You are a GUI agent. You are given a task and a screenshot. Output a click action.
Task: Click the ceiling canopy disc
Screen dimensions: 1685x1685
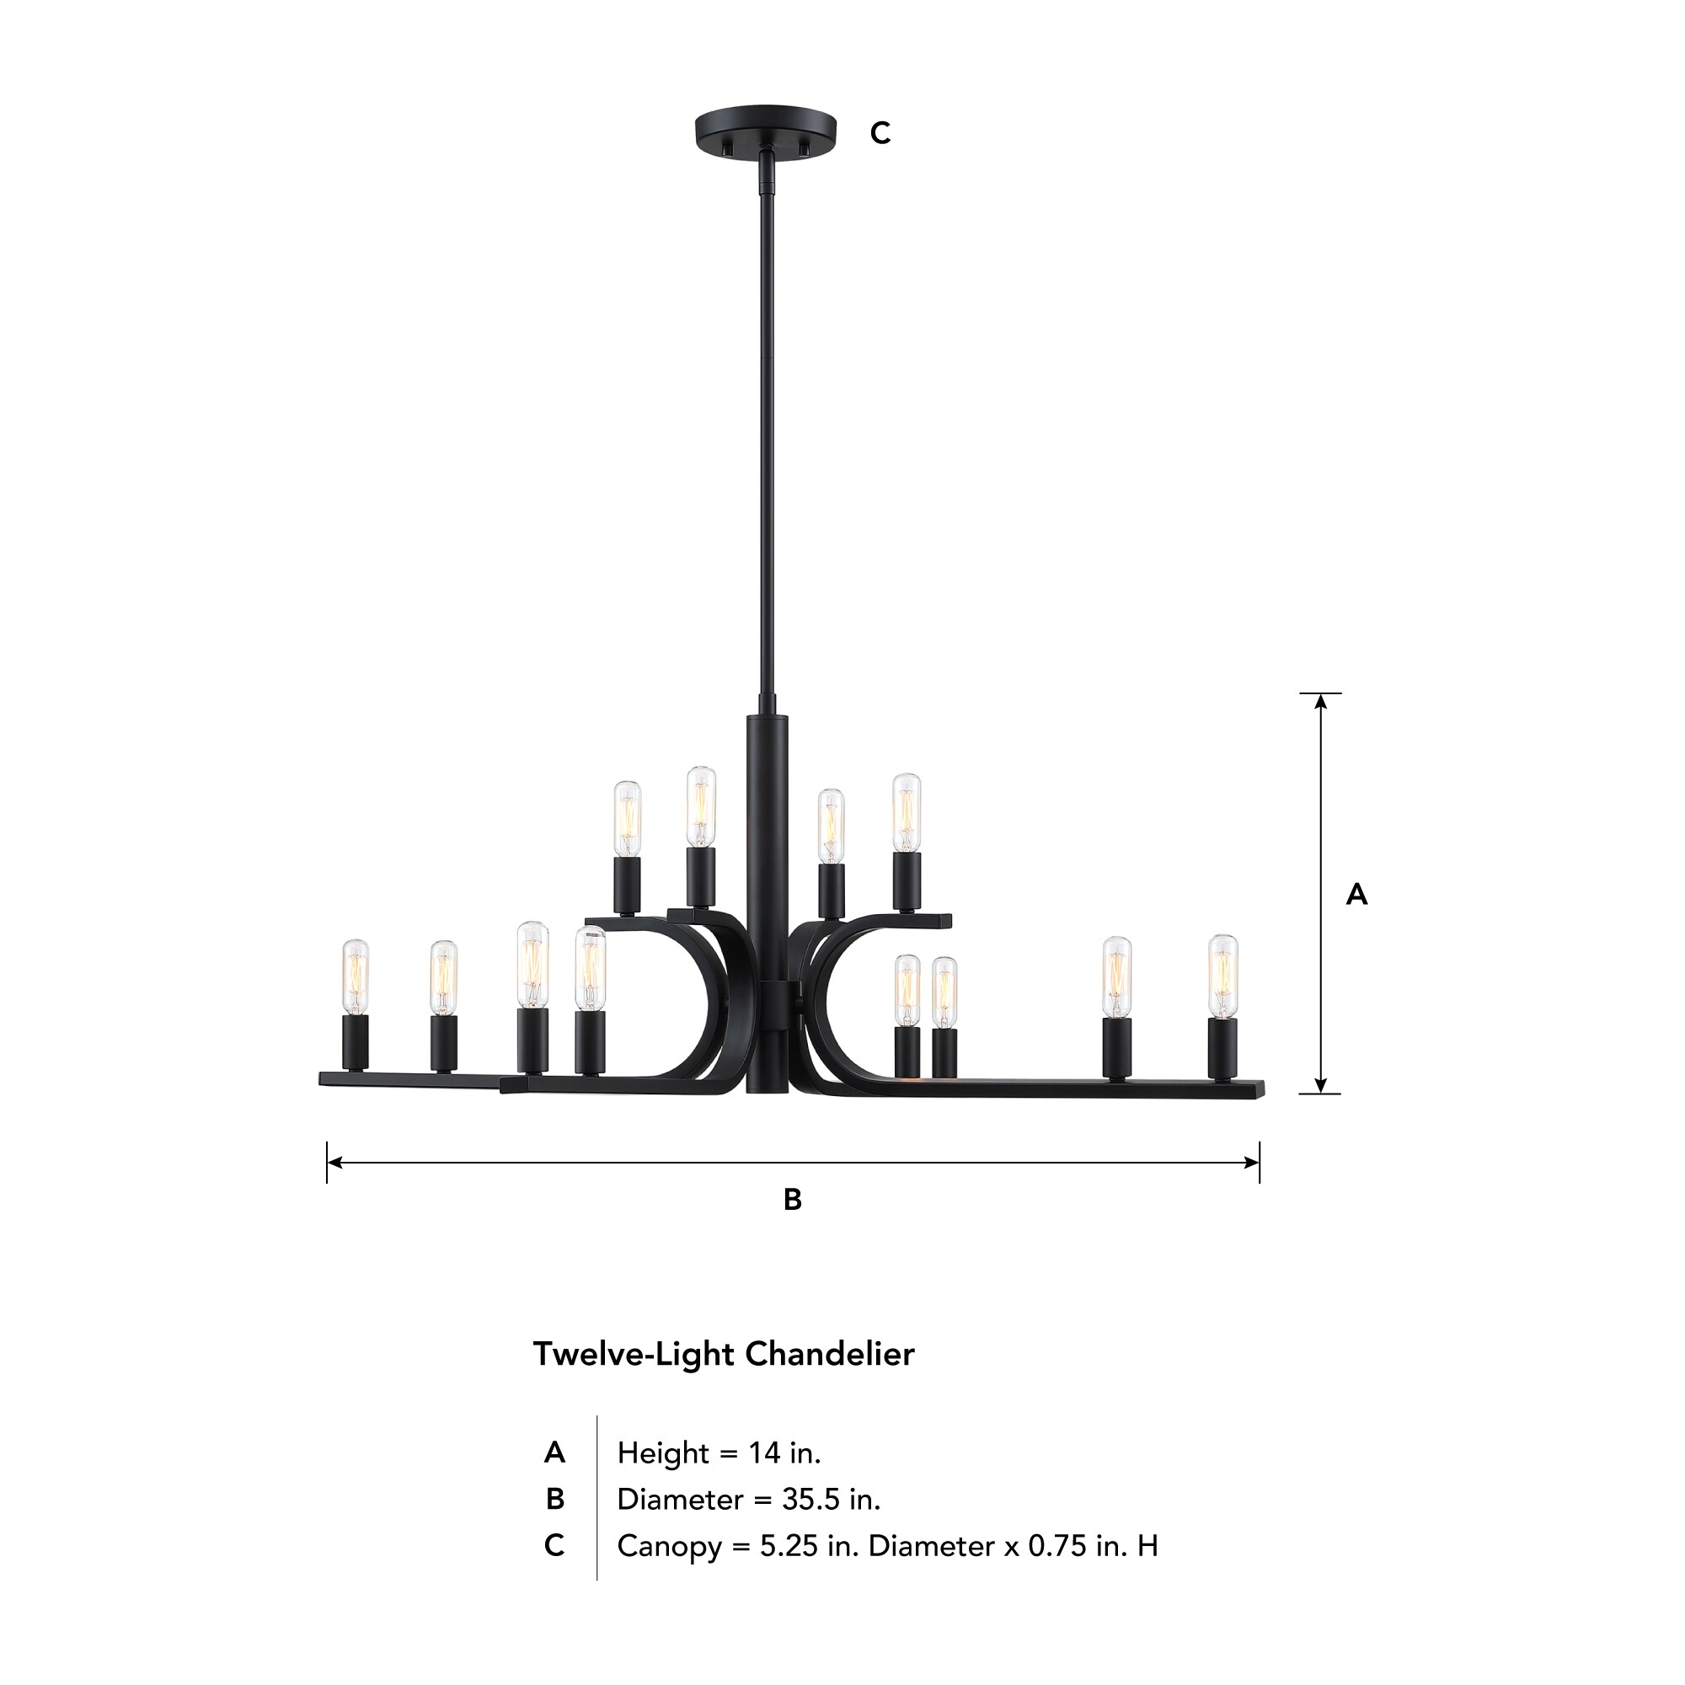[x=765, y=129]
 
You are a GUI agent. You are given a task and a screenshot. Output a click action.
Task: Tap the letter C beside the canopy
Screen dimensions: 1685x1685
[x=880, y=133]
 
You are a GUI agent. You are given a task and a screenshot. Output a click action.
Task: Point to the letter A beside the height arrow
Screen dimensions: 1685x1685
[x=1356, y=894]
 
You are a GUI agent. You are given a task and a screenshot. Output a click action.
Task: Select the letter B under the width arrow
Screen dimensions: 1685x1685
[x=792, y=1200]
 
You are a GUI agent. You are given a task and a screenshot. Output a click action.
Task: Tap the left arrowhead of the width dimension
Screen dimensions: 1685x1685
[x=334, y=1163]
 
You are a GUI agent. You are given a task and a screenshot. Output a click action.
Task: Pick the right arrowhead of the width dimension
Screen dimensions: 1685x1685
[x=1253, y=1163]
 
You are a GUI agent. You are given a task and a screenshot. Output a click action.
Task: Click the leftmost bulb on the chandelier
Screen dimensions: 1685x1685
[x=355, y=976]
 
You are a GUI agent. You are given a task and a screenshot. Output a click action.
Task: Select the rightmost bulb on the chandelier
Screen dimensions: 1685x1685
[x=1222, y=975]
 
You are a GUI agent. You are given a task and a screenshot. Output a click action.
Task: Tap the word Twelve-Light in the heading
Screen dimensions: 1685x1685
[x=634, y=1355]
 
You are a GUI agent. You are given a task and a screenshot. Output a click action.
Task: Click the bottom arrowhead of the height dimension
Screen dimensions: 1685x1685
[x=1320, y=1086]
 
